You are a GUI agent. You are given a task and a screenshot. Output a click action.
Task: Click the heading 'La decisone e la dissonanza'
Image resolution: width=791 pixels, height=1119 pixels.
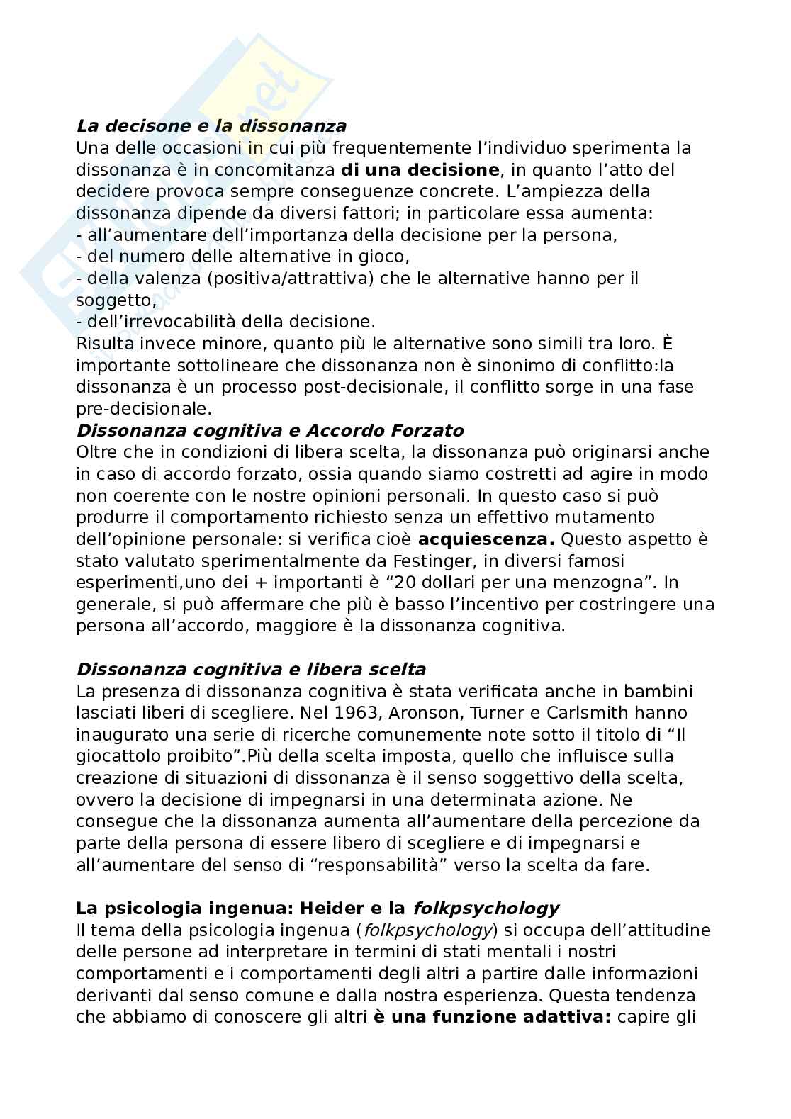[211, 126]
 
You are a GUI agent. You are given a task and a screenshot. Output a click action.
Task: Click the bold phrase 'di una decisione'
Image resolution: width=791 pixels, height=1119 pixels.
[419, 170]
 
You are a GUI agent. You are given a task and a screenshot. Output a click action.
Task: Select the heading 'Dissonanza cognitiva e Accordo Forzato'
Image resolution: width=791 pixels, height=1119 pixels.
[269, 431]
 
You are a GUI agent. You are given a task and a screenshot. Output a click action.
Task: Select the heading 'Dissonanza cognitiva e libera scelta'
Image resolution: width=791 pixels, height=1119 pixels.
[251, 670]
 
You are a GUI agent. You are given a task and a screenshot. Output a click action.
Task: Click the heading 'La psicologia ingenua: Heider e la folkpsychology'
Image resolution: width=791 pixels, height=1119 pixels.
[318, 909]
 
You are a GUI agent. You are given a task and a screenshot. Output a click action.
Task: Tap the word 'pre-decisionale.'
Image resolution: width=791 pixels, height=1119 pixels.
[144, 409]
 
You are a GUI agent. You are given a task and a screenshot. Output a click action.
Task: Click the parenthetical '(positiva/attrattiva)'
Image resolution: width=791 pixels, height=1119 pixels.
[291, 279]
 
